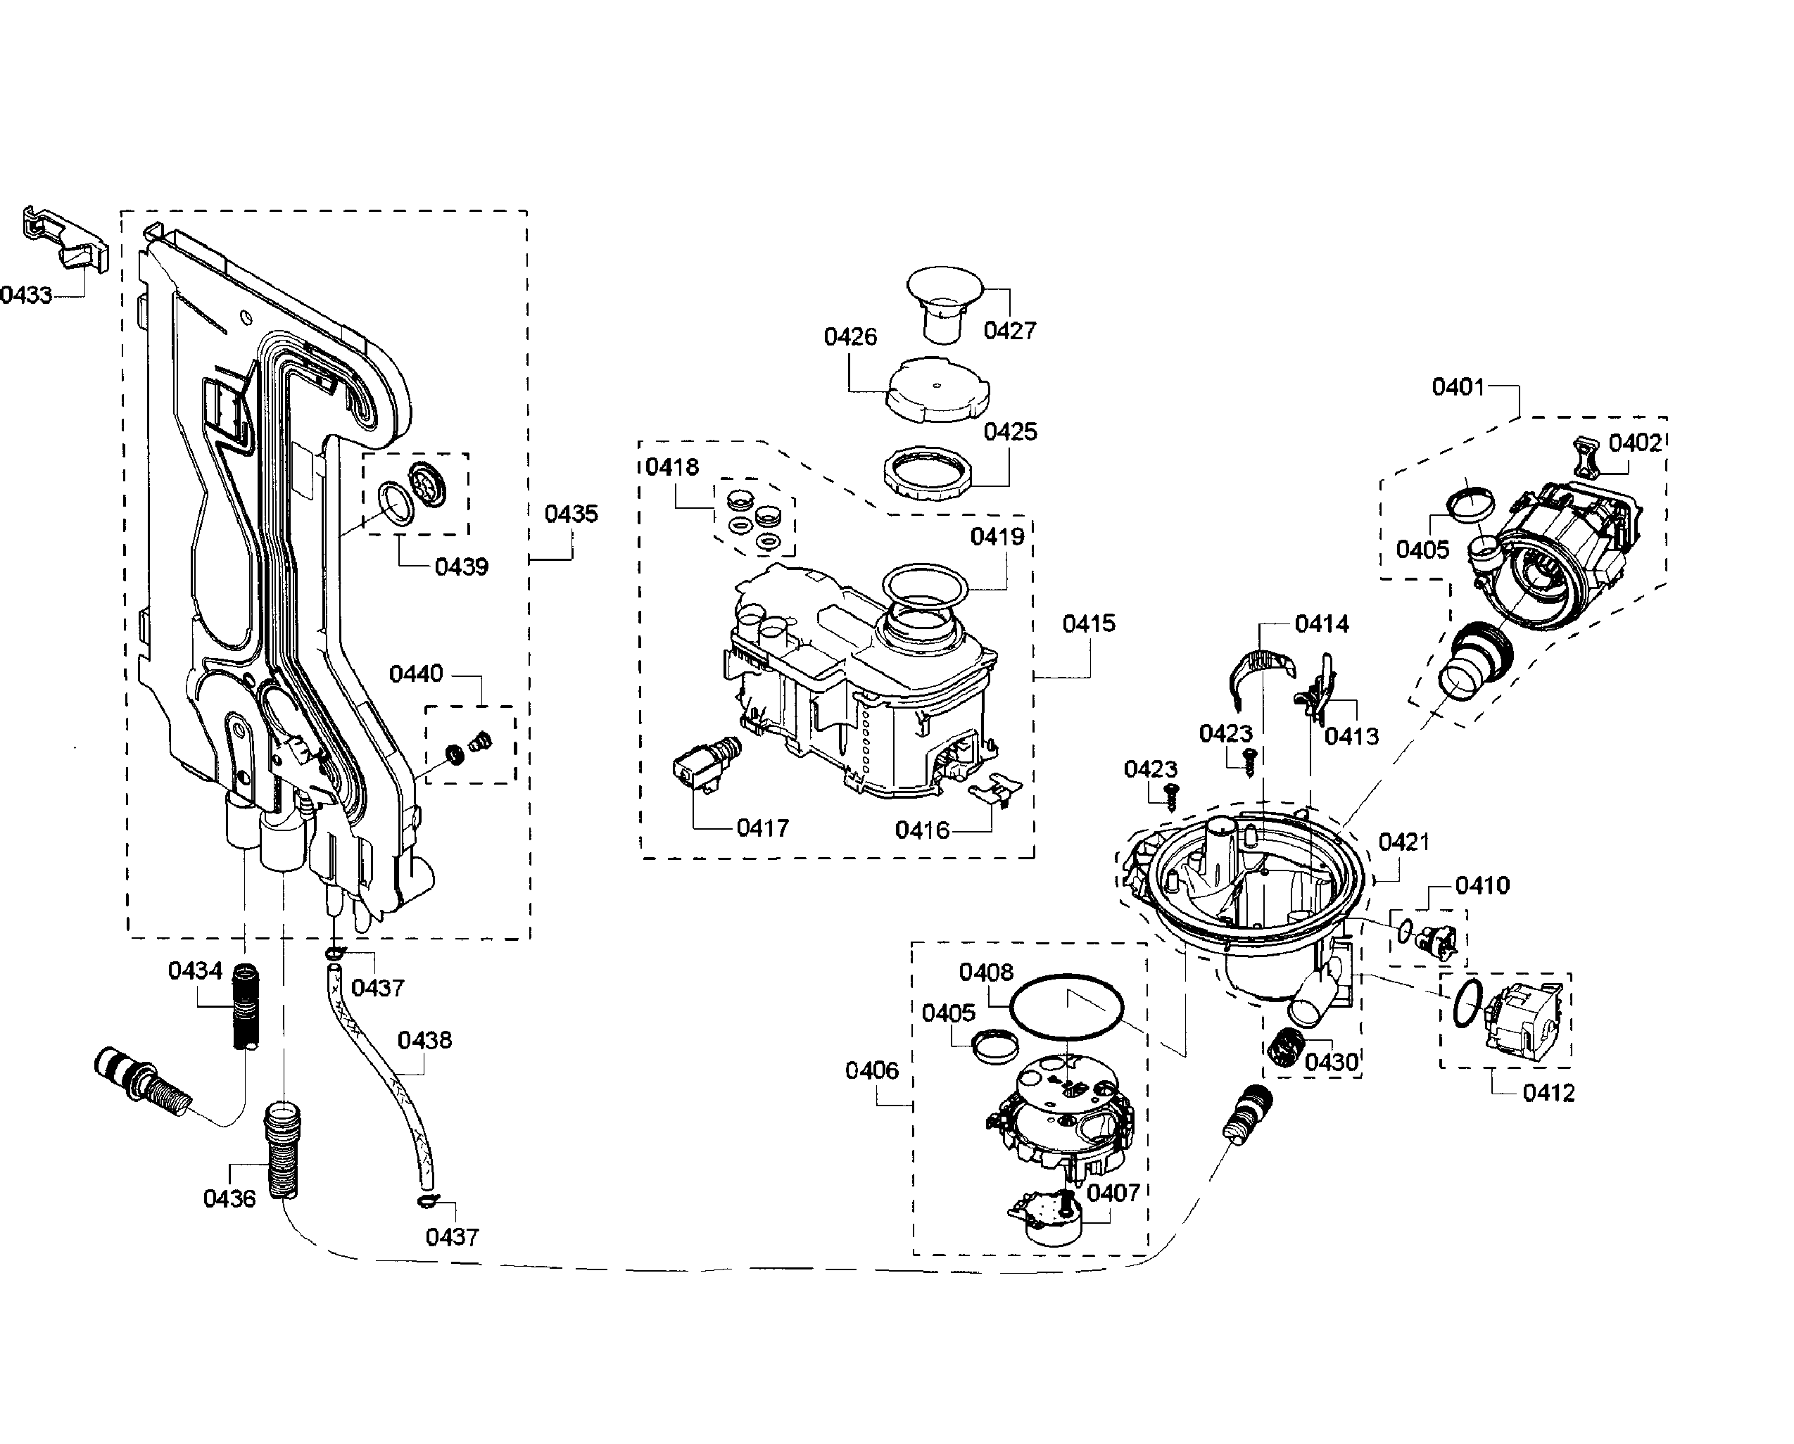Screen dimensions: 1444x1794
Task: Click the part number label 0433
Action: tap(26, 296)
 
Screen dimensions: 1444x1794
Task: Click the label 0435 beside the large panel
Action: tap(571, 514)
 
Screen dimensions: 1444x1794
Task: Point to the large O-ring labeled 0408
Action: tap(1066, 1006)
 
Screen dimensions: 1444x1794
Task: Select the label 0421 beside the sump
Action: tap(1404, 842)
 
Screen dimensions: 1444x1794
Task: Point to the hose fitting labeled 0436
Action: tap(283, 1151)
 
